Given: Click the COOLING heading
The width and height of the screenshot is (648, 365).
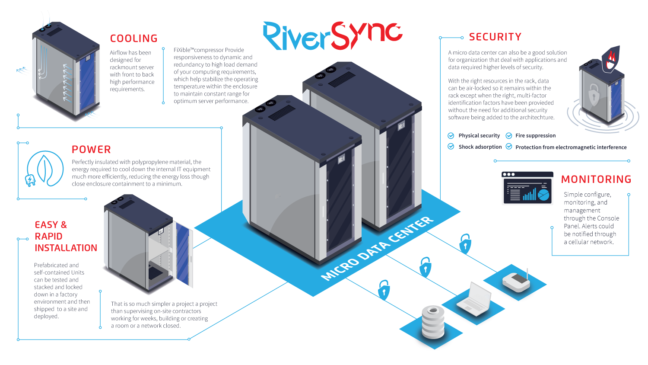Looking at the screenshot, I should click(x=133, y=38).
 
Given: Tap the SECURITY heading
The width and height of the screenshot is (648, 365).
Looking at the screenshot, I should click(x=495, y=37).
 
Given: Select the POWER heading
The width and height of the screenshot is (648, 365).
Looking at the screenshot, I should click(x=91, y=150).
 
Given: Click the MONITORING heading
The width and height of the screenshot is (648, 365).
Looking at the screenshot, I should click(x=596, y=179).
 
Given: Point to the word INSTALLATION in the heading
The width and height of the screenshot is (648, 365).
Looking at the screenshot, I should click(x=66, y=248).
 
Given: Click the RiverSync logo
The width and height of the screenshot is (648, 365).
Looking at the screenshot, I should click(x=333, y=35).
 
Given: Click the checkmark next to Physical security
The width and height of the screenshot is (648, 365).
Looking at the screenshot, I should click(x=451, y=136).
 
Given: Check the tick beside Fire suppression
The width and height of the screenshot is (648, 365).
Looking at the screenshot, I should click(x=509, y=136).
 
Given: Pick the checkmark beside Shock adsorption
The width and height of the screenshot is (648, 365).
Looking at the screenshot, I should click(x=451, y=147).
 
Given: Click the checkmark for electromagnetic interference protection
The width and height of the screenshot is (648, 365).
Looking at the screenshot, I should click(x=509, y=147).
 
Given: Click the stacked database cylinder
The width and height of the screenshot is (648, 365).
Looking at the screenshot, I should click(x=433, y=322).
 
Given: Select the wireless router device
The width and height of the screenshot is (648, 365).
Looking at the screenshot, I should click(x=516, y=281).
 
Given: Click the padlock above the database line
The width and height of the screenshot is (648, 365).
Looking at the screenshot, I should click(x=384, y=290).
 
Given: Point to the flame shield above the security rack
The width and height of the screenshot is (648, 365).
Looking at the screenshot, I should click(x=611, y=58).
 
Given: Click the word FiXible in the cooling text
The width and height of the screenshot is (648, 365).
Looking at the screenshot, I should click(x=182, y=50).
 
